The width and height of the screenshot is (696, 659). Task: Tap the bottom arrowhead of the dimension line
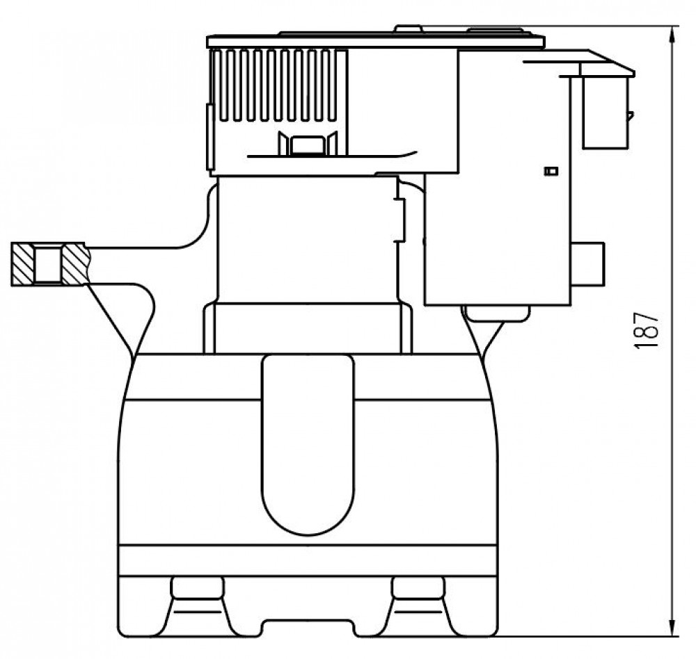point(673,627)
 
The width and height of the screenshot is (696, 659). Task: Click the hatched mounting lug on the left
point(49,264)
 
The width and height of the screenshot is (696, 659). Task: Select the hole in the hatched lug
point(48,265)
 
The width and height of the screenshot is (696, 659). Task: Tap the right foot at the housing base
point(418,605)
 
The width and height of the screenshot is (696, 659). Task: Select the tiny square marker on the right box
point(551,171)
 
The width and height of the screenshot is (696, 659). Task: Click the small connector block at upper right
point(605,111)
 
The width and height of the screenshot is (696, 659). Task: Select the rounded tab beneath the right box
point(496,313)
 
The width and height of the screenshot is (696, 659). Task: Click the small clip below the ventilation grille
point(307,144)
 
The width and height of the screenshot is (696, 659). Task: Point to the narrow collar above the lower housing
point(307,328)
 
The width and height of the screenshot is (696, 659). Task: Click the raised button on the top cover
point(409,29)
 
